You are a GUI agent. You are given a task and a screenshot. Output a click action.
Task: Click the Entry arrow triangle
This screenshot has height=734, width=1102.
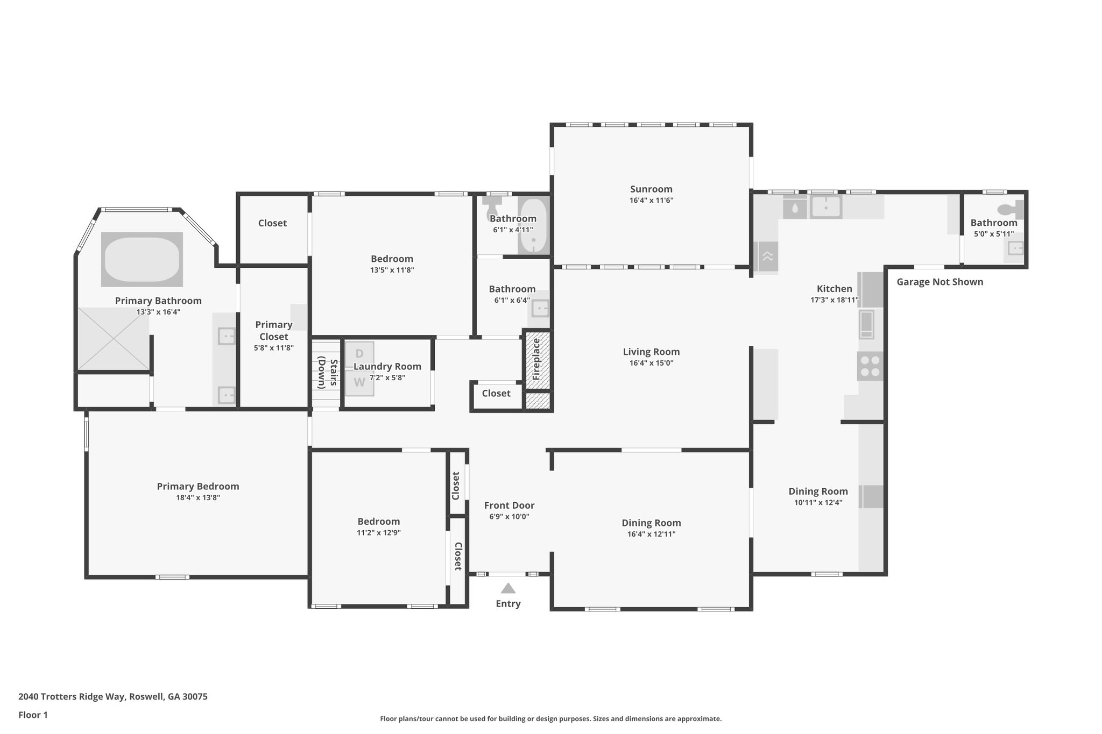508,588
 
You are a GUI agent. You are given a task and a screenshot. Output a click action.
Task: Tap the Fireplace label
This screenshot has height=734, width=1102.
536,359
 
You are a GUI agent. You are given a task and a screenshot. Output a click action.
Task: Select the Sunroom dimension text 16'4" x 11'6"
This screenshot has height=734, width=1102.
651,201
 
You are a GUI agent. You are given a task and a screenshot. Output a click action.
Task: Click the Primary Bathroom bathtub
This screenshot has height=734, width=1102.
142,259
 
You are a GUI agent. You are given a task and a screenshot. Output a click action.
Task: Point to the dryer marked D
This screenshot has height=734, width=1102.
359,353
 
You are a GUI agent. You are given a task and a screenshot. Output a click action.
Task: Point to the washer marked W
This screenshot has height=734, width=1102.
359,382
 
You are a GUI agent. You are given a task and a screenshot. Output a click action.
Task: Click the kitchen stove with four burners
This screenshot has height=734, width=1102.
870,366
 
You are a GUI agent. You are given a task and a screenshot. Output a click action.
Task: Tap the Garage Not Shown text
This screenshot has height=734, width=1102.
939,282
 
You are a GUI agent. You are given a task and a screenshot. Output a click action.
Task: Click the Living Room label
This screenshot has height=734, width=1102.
651,352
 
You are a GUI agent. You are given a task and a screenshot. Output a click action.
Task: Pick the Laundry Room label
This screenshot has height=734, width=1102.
387,366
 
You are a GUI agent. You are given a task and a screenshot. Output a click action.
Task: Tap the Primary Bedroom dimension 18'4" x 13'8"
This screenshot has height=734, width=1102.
198,498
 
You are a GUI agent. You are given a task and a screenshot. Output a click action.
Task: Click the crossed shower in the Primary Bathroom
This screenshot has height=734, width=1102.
113,338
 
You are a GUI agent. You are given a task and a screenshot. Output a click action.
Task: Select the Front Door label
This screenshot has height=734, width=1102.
509,505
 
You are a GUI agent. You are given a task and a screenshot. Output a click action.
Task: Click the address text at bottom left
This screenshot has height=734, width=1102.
113,696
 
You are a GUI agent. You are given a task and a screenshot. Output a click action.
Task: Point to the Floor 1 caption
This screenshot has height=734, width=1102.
33,715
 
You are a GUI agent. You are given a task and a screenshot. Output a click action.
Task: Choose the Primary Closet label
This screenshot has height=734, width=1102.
273,330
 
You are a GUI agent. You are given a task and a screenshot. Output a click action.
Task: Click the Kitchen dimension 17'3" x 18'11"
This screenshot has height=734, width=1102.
834,300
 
